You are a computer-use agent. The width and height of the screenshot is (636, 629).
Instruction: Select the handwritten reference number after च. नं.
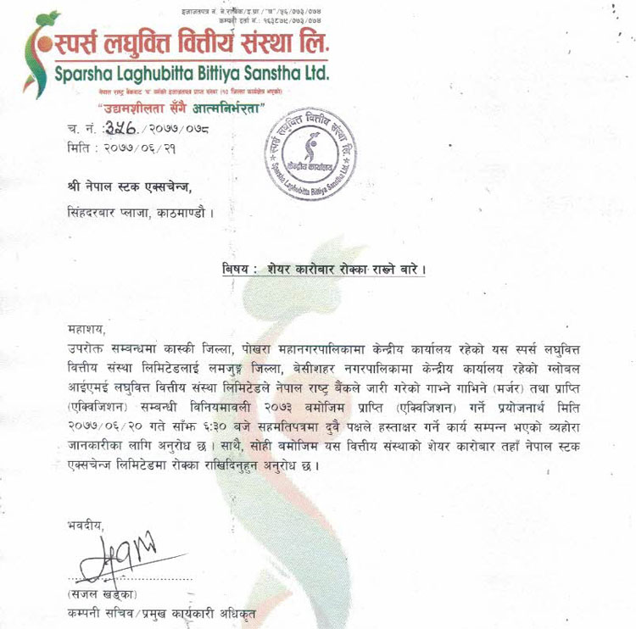click(x=126, y=128)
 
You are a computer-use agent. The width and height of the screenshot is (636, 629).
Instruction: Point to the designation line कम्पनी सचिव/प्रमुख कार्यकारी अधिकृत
click(x=158, y=612)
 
